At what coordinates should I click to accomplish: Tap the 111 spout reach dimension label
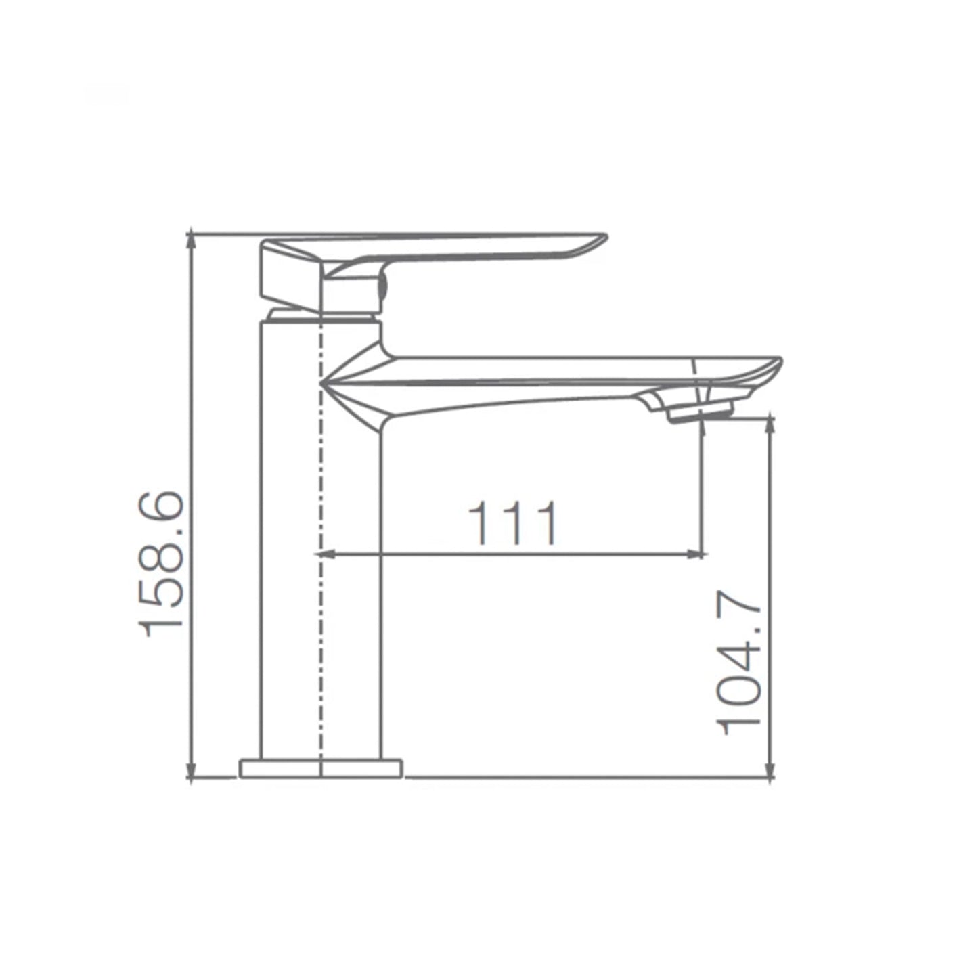tap(512, 523)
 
